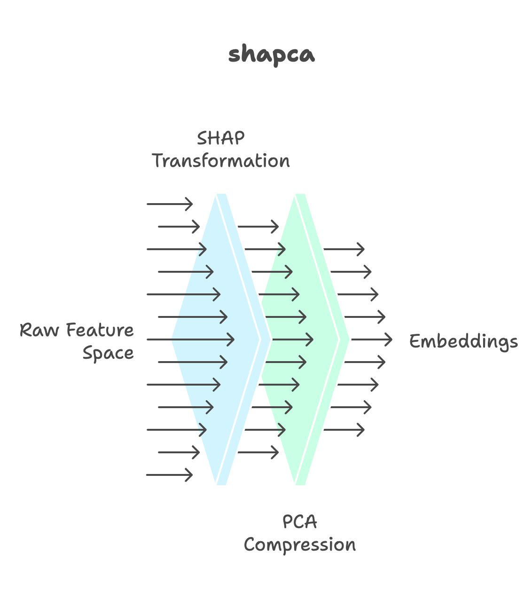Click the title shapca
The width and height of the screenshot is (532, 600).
point(271,55)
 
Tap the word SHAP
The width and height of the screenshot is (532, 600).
point(220,138)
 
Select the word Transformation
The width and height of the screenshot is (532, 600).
point(220,161)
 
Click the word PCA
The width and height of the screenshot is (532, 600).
point(299,522)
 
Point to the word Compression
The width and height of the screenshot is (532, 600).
point(299,545)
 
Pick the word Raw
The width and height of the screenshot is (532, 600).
point(39,330)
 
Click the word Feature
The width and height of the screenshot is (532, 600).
point(100,330)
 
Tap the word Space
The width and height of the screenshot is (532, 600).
point(108,353)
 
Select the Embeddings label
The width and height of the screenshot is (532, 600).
point(463,341)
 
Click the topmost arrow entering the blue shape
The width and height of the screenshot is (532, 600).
point(169,204)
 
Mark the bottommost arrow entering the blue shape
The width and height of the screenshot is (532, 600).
point(169,475)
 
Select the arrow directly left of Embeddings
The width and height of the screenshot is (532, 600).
point(371,339)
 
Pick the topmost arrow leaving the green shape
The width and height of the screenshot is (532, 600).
point(344,249)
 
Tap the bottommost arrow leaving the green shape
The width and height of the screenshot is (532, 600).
point(344,430)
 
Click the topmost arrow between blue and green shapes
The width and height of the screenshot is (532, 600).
point(258,227)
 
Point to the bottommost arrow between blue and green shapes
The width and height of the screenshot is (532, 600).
point(258,452)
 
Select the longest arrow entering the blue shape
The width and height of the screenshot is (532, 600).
point(190,339)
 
